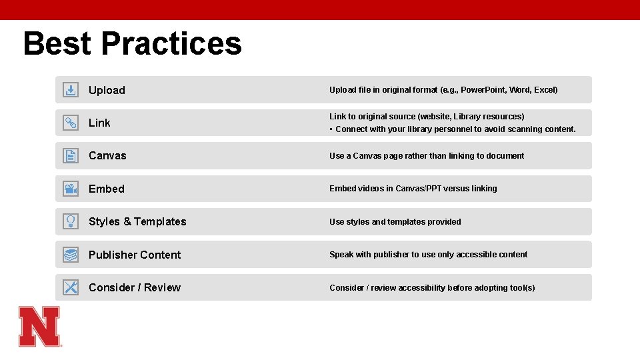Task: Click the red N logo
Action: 39,326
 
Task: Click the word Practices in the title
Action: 171,43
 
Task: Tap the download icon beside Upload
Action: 71,90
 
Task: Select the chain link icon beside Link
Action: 71,123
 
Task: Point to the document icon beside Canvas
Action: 71,156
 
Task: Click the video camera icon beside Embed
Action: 71,189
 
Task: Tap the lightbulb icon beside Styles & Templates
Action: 71,221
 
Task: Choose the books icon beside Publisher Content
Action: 71,255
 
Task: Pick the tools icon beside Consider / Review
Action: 71,287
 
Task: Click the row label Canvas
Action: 107,156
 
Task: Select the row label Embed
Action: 107,189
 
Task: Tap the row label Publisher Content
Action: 135,255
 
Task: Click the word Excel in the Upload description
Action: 545,90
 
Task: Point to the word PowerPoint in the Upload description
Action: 484,90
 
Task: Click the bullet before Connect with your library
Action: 331,129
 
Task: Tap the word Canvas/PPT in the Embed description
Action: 418,189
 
